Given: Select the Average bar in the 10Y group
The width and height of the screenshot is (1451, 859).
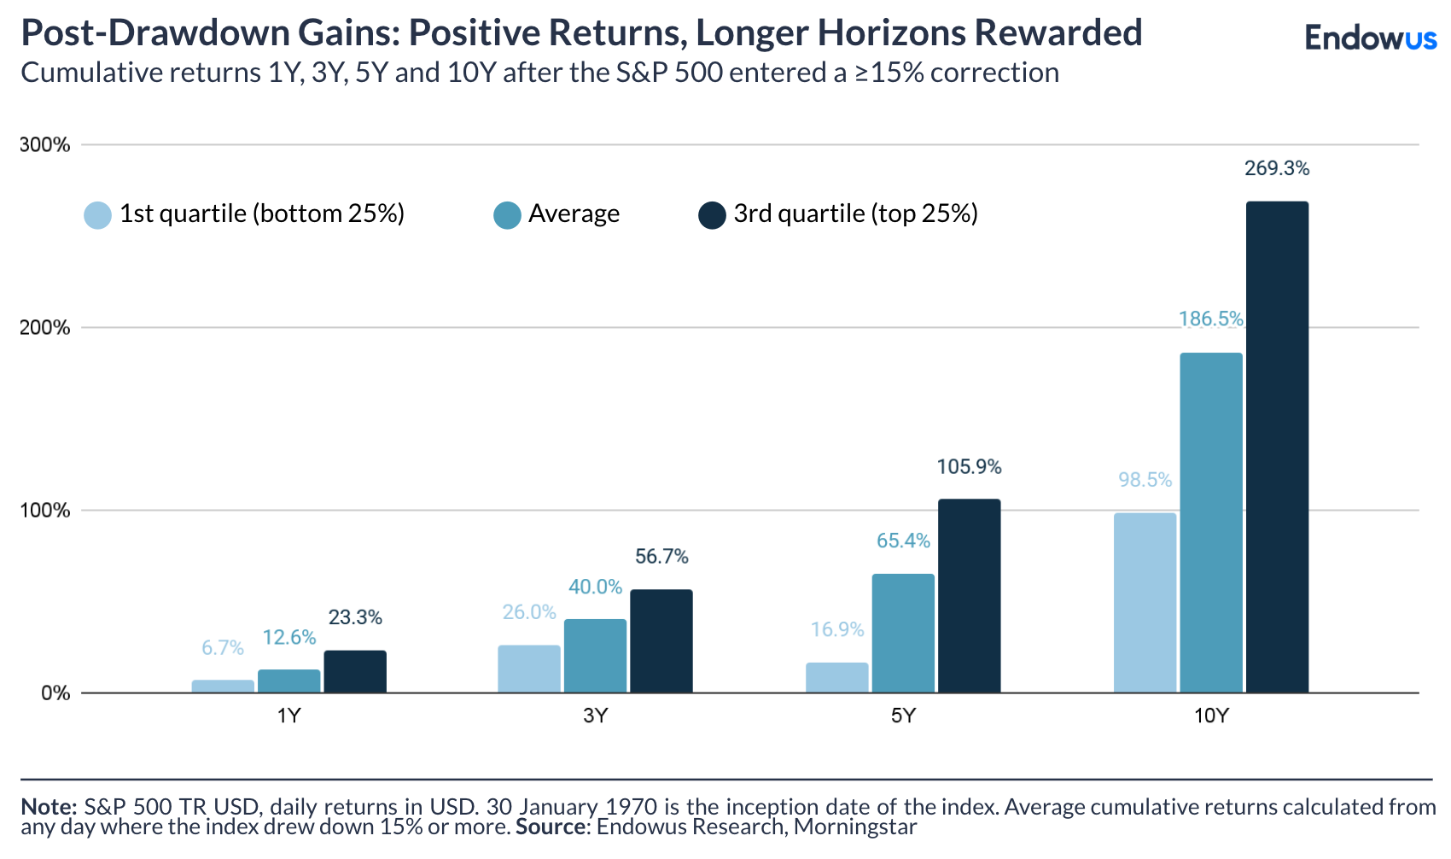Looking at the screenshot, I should click(1211, 523).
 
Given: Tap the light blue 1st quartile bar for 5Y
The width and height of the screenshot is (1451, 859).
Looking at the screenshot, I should click(836, 678).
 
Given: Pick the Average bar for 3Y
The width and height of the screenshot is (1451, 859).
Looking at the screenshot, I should click(595, 656).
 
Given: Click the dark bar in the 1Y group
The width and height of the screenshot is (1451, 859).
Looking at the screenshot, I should click(355, 672).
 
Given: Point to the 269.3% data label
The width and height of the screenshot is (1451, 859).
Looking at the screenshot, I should click(1277, 168).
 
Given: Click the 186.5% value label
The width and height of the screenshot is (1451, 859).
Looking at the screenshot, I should click(1210, 319).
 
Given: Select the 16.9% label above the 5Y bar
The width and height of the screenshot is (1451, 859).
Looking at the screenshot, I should click(836, 630).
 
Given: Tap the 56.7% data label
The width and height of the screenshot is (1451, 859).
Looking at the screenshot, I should click(661, 557).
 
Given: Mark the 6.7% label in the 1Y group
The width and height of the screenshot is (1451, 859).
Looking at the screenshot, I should click(223, 648).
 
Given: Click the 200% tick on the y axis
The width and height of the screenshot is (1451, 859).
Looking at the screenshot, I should click(44, 328).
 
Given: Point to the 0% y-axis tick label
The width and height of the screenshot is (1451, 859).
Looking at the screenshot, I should click(55, 693).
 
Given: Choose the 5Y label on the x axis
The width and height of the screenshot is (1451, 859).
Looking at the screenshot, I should click(903, 716).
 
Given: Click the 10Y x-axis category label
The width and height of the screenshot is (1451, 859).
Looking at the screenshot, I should click(1210, 716).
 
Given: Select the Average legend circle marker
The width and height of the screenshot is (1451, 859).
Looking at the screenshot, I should click(508, 215).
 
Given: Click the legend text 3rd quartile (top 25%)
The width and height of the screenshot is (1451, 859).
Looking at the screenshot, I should click(855, 213).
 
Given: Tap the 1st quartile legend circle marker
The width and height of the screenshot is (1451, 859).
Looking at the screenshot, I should click(98, 215).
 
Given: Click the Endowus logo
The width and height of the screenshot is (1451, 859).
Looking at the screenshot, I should click(1371, 38).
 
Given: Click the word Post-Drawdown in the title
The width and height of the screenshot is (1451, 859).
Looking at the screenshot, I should click(154, 32).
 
